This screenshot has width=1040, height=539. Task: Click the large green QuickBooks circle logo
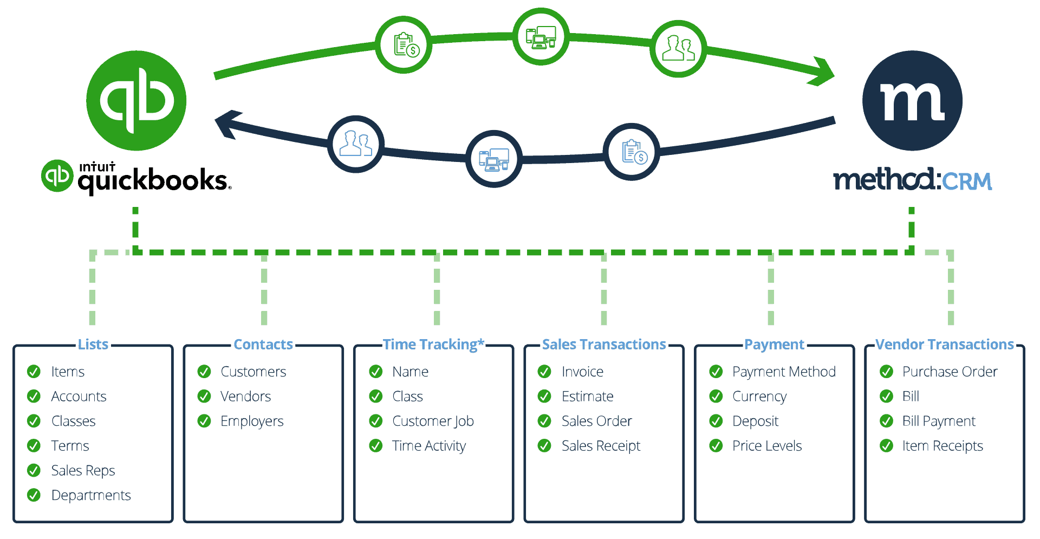click(x=136, y=100)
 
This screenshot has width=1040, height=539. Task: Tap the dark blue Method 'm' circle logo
click(x=912, y=100)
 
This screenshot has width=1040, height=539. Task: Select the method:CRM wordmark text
click(x=912, y=180)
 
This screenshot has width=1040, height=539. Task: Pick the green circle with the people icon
click(x=678, y=49)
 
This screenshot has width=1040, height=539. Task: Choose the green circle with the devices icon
click(x=541, y=37)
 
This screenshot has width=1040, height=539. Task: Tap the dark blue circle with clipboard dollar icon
click(x=632, y=152)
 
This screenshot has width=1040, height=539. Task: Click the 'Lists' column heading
click(x=93, y=344)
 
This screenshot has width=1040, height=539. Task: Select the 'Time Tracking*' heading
click(x=433, y=344)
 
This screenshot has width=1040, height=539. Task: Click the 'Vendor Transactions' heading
click(x=945, y=344)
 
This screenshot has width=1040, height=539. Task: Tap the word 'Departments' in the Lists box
click(x=91, y=495)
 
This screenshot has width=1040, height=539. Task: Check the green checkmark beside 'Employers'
click(x=204, y=421)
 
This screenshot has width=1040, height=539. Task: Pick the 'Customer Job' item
click(x=433, y=421)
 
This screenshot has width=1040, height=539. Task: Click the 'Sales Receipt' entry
click(x=601, y=446)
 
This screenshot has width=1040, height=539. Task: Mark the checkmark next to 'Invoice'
click(x=544, y=372)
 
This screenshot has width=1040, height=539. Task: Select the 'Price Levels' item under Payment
click(x=767, y=446)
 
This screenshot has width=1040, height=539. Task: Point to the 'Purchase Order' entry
click(x=950, y=372)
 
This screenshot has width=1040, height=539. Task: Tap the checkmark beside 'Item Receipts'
click(x=887, y=446)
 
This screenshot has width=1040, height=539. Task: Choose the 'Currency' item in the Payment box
click(x=759, y=397)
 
